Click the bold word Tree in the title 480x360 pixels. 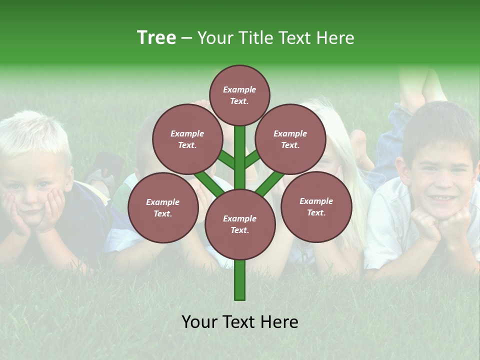click(x=156, y=38)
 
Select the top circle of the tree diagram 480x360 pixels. click(x=239, y=95)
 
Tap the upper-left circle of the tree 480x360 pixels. click(x=187, y=139)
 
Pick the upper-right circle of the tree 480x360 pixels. click(x=290, y=139)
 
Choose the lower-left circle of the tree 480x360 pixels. click(x=163, y=208)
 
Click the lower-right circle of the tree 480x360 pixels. click(x=316, y=207)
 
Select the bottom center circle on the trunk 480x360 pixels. click(x=240, y=224)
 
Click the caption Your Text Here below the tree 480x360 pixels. click(x=240, y=322)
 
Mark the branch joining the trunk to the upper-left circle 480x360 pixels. click(x=225, y=159)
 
